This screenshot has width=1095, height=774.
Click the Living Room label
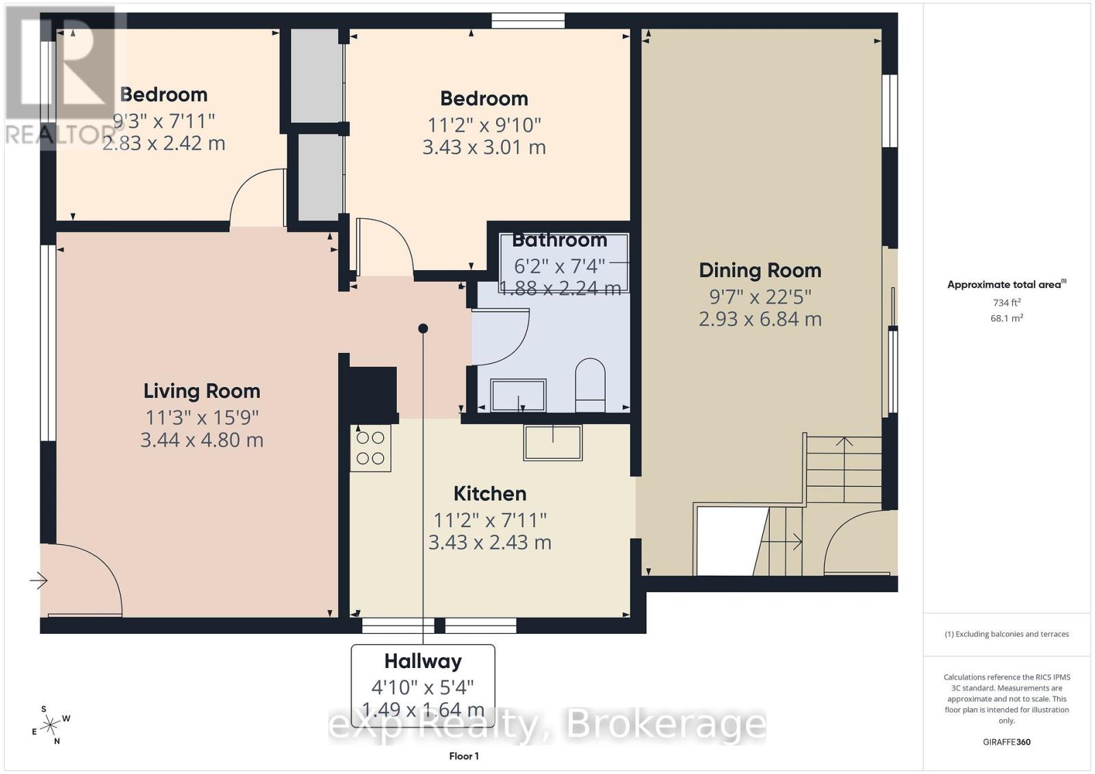tap(202, 391)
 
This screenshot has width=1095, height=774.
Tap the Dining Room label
tap(760, 271)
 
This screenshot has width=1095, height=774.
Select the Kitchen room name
tap(490, 494)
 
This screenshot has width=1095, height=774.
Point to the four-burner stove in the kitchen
tap(370, 449)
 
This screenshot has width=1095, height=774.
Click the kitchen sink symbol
tap(553, 442)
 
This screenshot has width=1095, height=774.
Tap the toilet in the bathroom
tap(590, 386)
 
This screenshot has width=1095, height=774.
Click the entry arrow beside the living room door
tap(38, 581)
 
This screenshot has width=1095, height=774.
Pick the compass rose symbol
tap(51, 725)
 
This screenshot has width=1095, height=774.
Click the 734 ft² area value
tap(1007, 302)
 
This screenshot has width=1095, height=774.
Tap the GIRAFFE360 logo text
tap(1006, 742)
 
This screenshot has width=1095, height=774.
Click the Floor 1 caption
tap(464, 756)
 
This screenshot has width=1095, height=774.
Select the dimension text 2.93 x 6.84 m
tap(760, 319)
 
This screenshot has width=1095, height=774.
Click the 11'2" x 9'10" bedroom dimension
tap(484, 125)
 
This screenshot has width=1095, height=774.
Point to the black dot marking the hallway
tap(423, 329)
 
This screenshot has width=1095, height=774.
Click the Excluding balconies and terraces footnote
tap(1007, 635)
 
